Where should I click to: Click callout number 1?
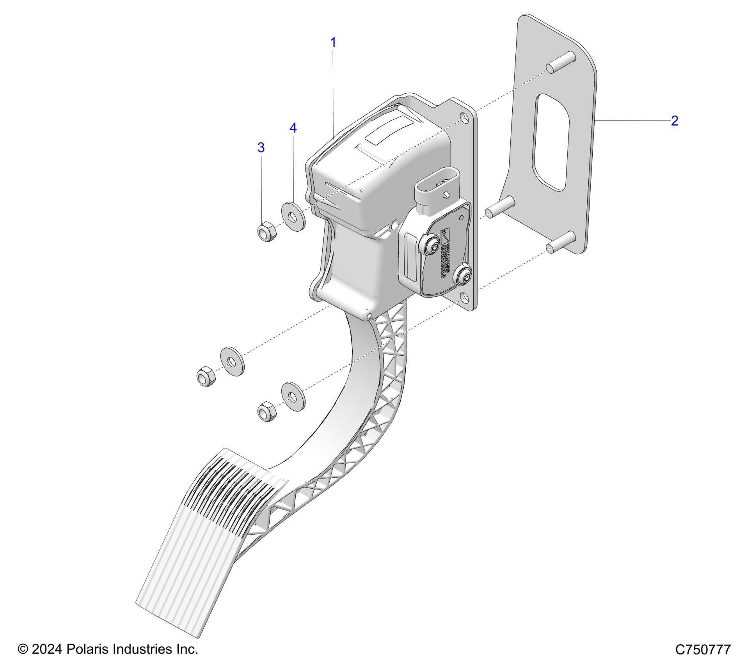[333, 43]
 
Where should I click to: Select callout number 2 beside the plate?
[674, 121]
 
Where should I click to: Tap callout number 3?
[261, 147]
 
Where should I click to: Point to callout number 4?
[293, 128]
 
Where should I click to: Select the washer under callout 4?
[293, 216]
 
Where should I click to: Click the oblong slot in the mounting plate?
[551, 142]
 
